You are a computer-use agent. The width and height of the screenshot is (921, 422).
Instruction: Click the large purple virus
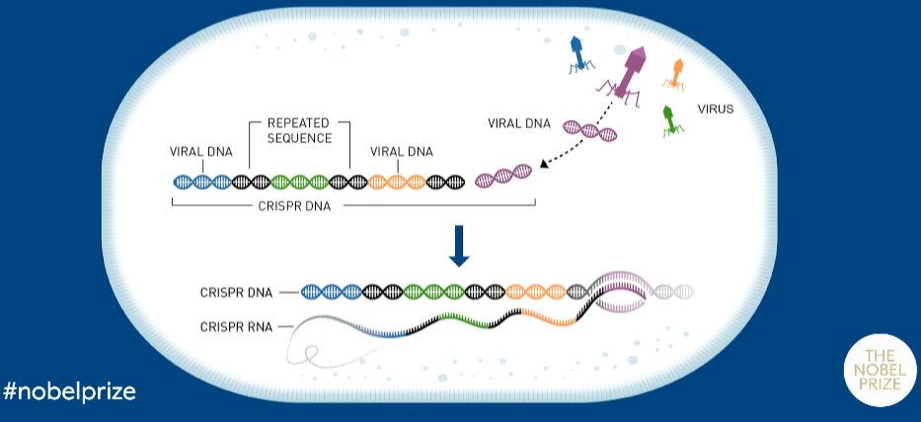click(630, 70)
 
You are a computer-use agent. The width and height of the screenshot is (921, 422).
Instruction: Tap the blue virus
click(578, 53)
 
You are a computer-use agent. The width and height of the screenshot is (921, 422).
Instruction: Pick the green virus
click(671, 117)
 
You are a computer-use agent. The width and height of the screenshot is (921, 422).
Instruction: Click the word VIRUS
click(716, 109)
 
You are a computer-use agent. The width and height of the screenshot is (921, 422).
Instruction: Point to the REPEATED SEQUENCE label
click(299, 131)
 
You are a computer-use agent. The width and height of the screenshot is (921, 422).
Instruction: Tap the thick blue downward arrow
click(458, 245)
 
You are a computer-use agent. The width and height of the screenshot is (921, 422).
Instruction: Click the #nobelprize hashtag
click(69, 391)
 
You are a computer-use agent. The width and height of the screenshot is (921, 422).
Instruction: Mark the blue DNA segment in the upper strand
click(202, 181)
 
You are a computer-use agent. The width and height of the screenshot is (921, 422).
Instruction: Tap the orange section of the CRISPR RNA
click(548, 317)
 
